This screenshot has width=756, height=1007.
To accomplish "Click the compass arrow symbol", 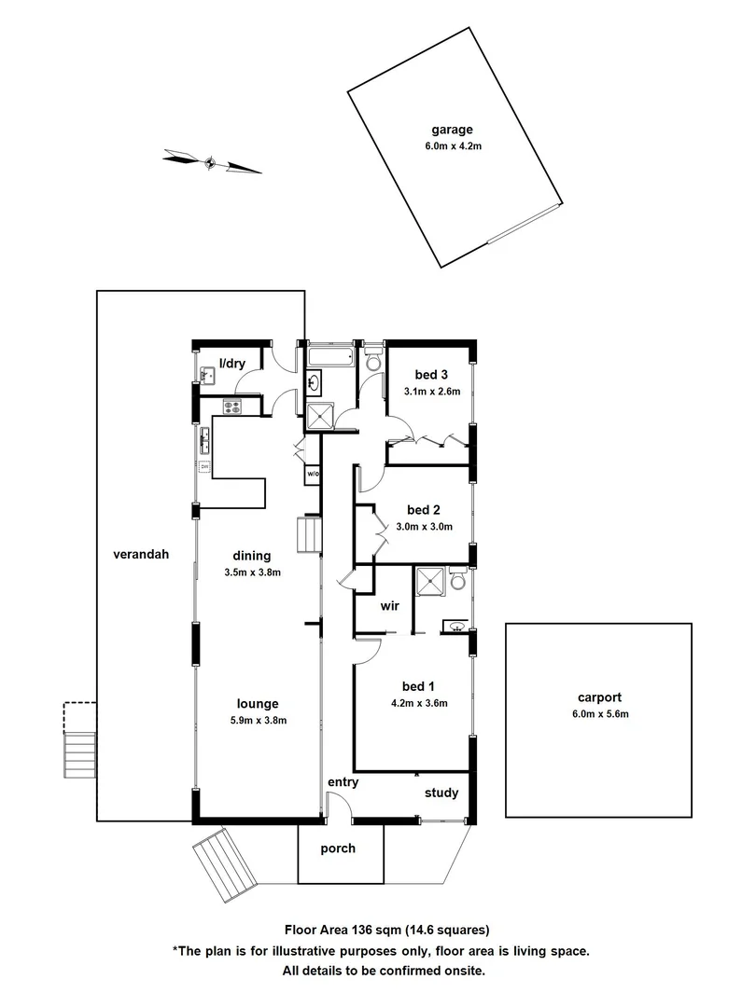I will click(211, 163).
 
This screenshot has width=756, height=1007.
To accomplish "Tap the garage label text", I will click(452, 131).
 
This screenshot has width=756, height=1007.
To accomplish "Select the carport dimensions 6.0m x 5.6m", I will click(598, 715).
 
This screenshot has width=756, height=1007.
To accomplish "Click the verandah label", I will click(141, 554).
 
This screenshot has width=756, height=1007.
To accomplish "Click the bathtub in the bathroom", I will click(329, 357).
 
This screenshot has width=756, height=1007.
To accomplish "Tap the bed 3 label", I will click(432, 376).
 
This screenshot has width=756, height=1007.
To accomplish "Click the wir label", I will click(390, 606).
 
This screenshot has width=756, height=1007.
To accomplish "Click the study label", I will click(441, 793).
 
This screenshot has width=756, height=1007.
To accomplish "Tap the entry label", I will click(343, 782).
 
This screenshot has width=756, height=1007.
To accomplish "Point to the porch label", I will click(338, 849).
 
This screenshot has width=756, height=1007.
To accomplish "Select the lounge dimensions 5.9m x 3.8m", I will click(258, 720).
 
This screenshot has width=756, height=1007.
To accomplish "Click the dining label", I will click(253, 556).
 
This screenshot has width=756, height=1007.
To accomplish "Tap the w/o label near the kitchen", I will click(313, 475).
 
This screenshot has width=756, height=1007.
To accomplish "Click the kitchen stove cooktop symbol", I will click(232, 406).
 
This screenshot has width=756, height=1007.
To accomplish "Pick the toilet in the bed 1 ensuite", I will click(457, 579).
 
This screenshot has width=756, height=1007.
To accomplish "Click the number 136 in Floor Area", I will click(365, 930).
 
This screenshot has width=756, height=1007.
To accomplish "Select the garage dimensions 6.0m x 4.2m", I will click(452, 146).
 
